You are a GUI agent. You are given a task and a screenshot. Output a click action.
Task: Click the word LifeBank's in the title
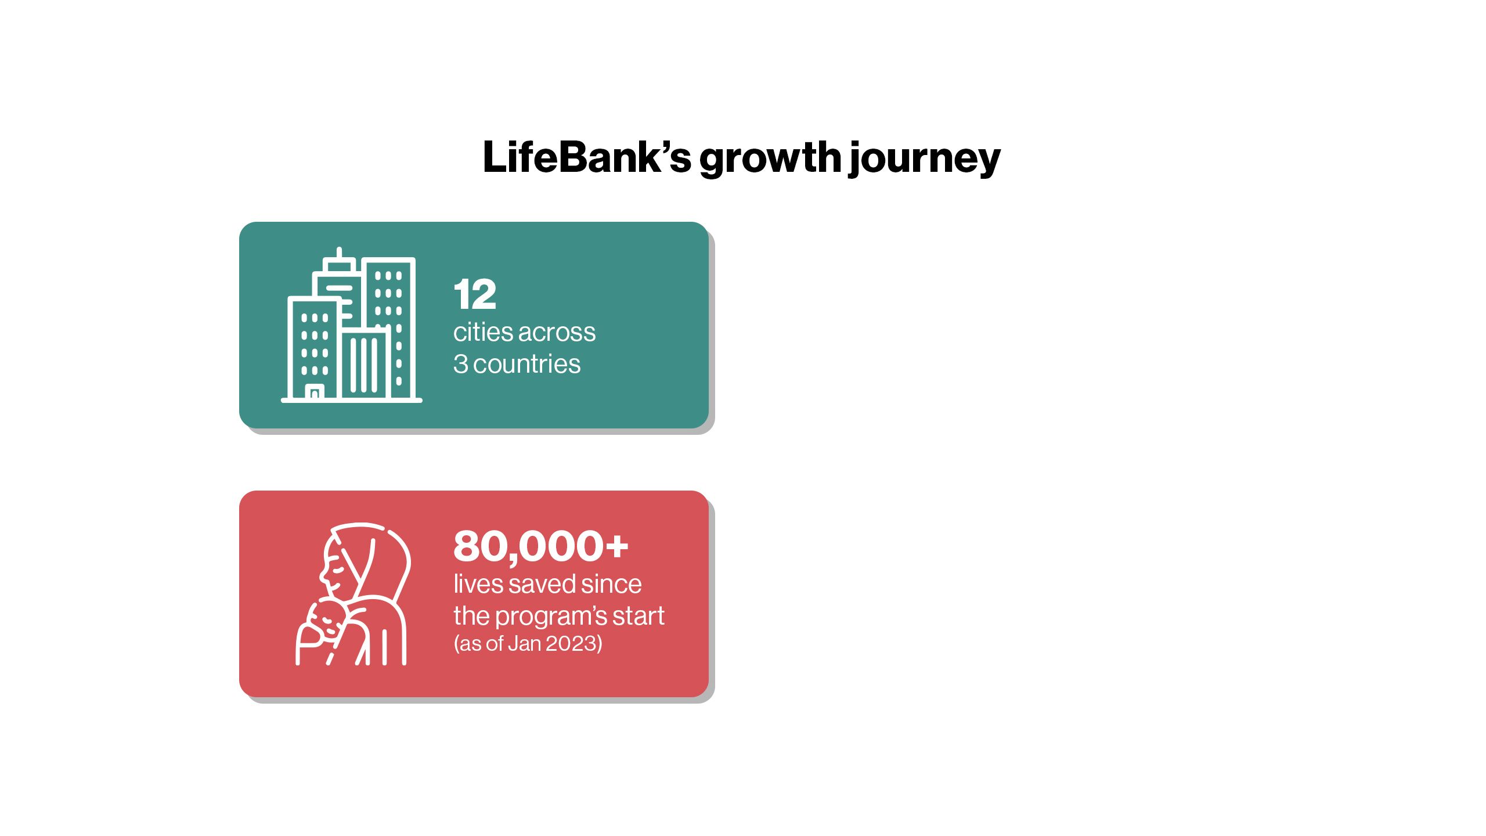pos(587,157)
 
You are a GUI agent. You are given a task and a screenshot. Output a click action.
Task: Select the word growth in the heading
pos(770,159)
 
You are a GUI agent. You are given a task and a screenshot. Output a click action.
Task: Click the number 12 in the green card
pos(475,294)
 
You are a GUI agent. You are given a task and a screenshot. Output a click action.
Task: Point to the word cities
pos(483,332)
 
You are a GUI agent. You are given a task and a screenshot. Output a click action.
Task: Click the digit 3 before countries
pos(460,364)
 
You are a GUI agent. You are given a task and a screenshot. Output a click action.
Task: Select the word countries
pos(527,364)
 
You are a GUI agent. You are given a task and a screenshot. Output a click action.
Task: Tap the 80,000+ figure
pos(541,546)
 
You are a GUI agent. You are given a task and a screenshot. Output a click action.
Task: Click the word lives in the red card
pos(478,584)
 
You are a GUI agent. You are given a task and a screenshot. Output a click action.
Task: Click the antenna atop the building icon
pos(339,254)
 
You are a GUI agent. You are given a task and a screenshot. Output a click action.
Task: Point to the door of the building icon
pos(315,393)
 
